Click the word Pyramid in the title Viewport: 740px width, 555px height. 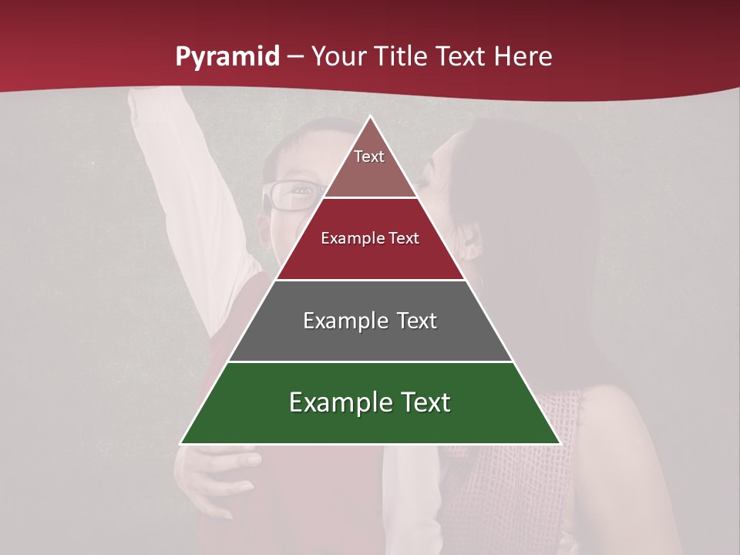227,57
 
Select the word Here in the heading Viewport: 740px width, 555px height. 523,57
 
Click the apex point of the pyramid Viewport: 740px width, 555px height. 370,116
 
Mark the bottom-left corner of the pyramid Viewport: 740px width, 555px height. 180,444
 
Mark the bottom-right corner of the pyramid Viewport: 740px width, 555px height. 560,444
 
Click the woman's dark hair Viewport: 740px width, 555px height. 532,231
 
